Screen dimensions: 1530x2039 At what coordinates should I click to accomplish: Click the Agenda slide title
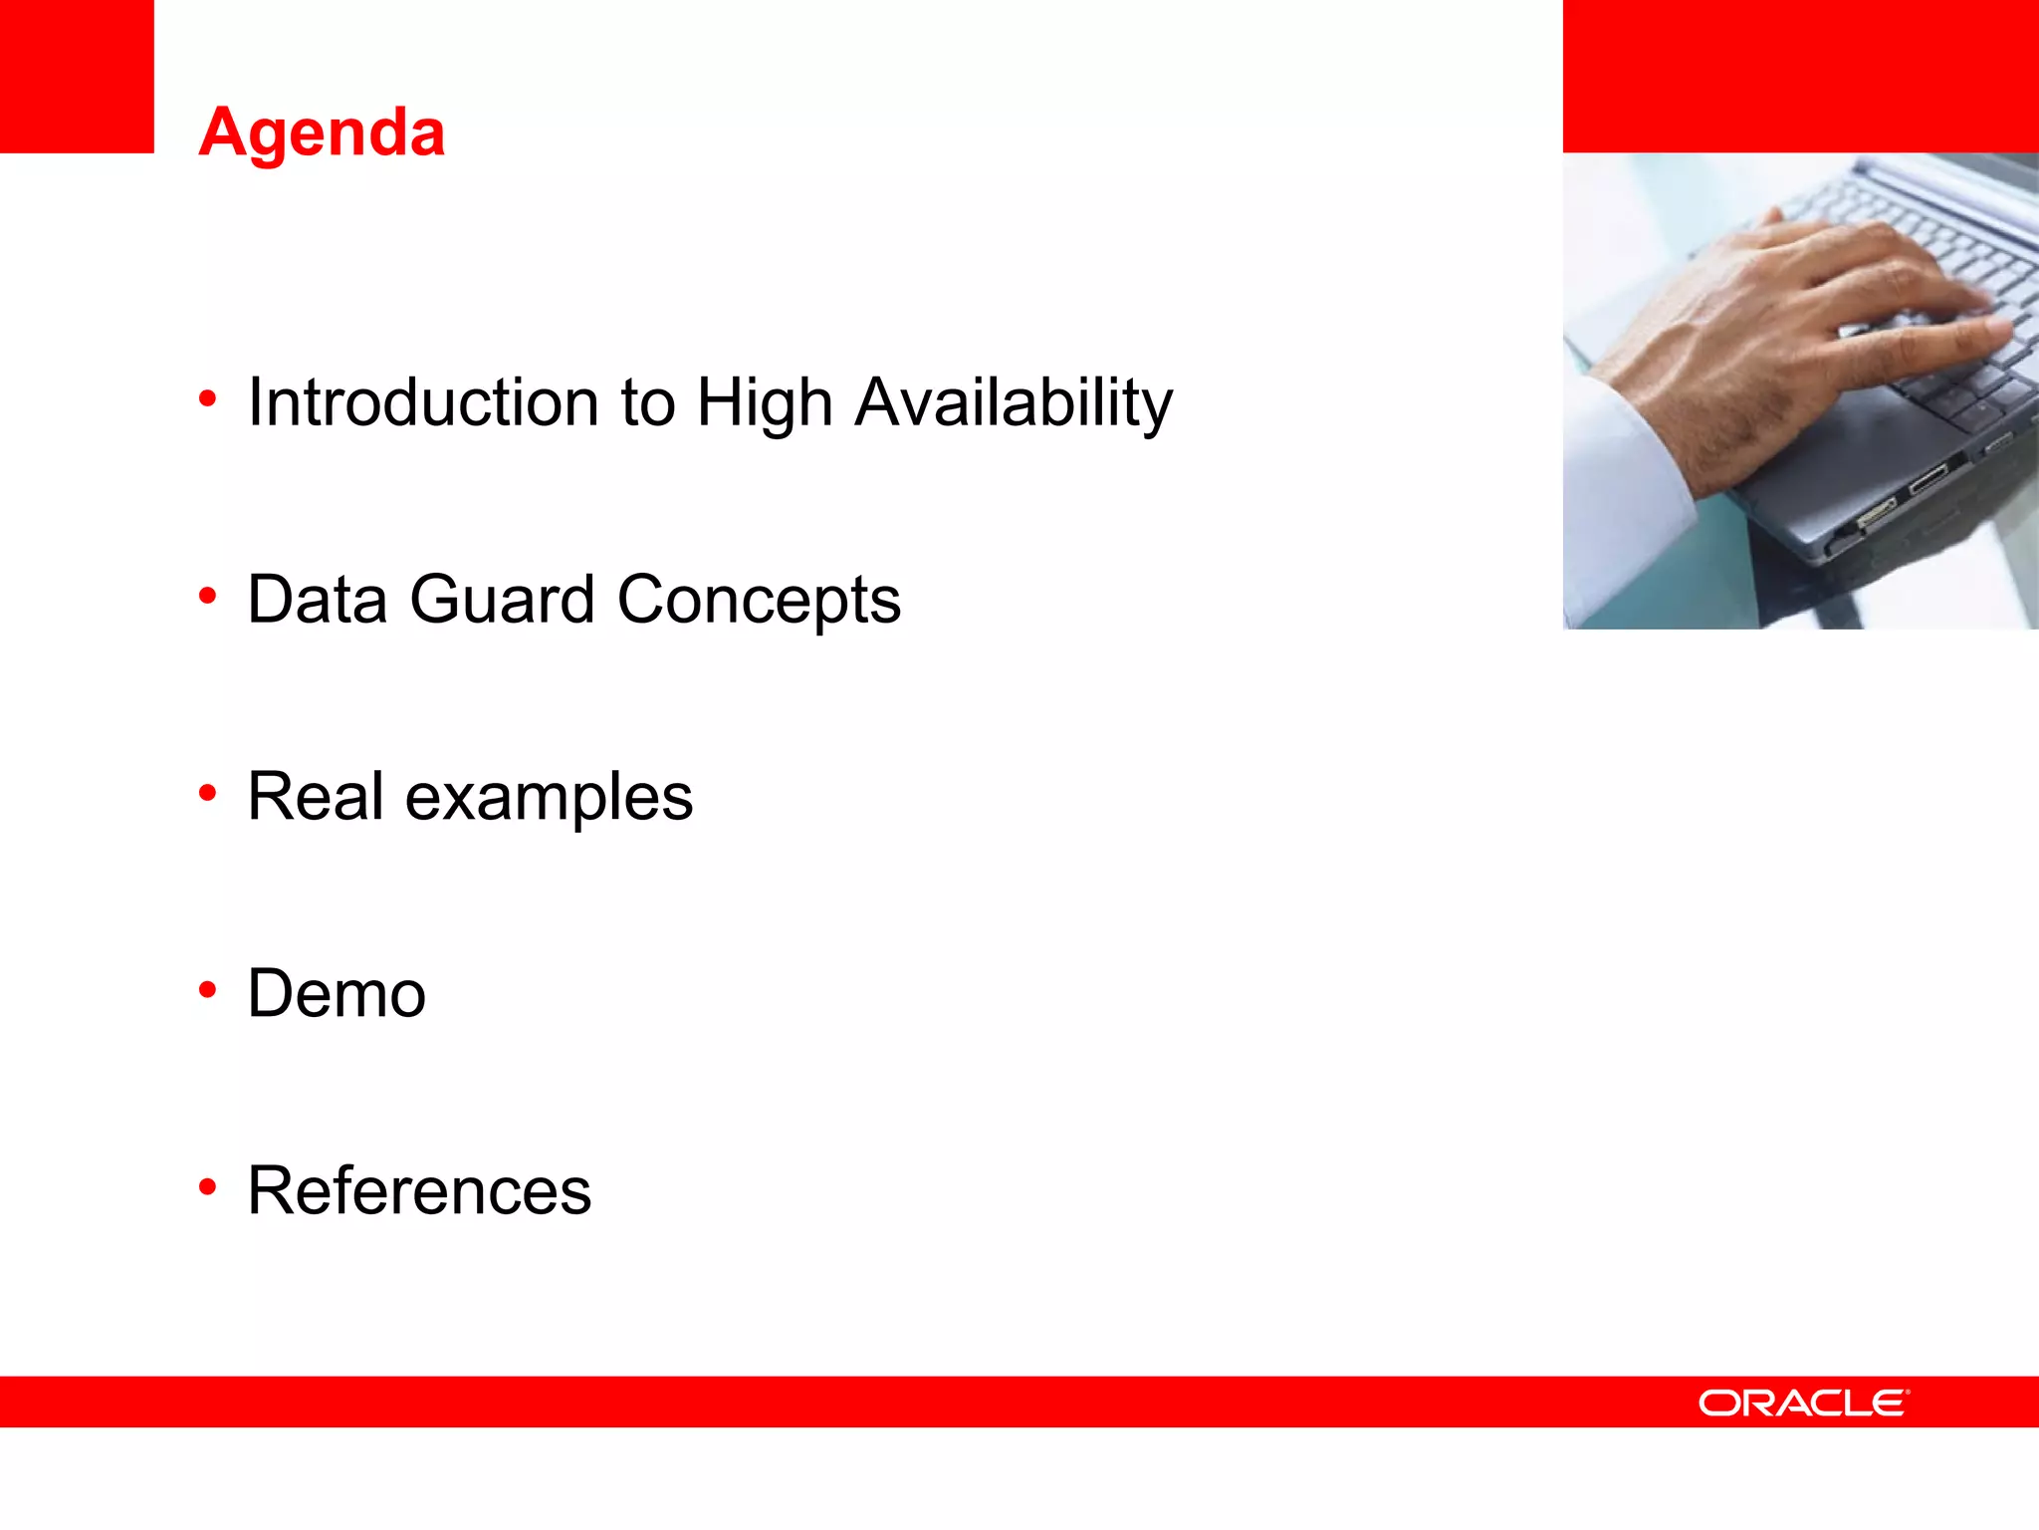322,132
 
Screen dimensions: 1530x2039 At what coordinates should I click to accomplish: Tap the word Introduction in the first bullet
422,402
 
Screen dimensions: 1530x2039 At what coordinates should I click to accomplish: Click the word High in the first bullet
764,402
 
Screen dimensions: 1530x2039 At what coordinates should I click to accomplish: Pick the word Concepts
759,600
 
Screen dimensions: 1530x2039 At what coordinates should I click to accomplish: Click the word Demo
337,994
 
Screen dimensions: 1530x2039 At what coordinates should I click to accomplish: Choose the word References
419,1191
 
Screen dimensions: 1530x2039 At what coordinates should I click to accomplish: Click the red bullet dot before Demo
207,990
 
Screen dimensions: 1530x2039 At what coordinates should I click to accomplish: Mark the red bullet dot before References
207,1186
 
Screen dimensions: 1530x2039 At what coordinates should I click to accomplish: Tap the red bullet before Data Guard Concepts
207,596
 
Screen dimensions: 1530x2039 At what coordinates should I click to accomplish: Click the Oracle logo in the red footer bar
1803,1402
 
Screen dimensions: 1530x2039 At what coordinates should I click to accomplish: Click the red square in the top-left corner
77,76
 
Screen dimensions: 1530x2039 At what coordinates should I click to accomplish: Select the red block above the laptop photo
1800,76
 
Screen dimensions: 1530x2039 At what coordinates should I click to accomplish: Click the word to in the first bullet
647,402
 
